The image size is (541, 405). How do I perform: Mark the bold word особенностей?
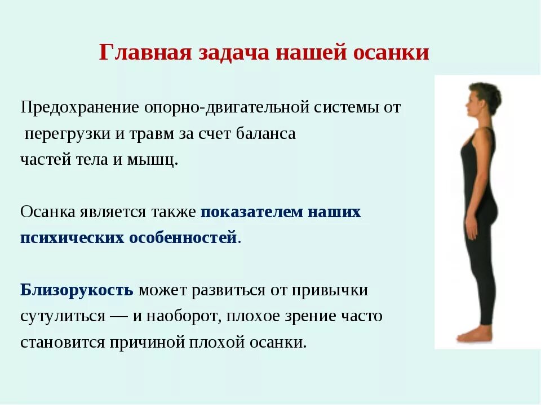(183, 237)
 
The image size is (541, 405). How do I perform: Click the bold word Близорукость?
(77, 290)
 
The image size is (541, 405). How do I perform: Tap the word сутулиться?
(63, 316)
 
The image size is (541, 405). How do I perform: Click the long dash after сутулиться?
(119, 316)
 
